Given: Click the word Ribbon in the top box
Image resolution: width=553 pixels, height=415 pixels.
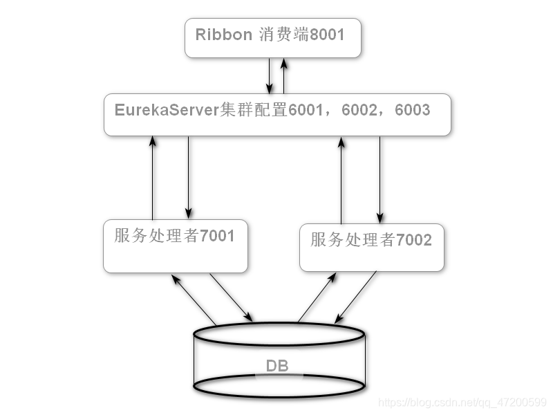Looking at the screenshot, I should click(x=223, y=35).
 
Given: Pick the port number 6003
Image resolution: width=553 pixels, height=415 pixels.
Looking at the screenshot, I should click(x=413, y=110).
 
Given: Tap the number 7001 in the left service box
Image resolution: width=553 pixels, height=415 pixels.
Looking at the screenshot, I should click(x=217, y=236).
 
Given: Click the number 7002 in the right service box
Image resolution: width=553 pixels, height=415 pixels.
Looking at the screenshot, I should click(x=413, y=240).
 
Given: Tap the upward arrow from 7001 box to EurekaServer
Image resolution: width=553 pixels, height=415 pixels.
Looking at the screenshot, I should click(x=152, y=177).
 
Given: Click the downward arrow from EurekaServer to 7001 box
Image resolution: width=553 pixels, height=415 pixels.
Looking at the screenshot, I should click(x=188, y=177).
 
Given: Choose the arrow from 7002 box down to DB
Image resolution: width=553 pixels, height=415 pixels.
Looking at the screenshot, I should click(x=356, y=297).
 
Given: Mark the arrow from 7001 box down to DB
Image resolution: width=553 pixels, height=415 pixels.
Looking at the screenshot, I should click(x=231, y=297).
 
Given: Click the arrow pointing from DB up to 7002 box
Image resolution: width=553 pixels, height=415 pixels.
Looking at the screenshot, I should click(x=317, y=298).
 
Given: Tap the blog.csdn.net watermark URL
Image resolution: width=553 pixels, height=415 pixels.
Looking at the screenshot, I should click(x=464, y=402).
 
